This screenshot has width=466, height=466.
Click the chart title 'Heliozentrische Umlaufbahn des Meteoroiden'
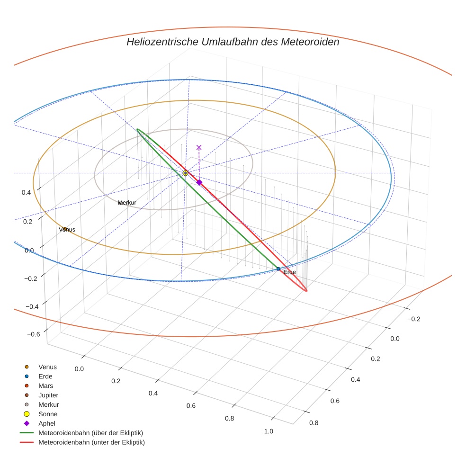click(x=233, y=42)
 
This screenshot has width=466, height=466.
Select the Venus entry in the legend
click(x=47, y=367)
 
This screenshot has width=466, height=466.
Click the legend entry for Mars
click(x=45, y=386)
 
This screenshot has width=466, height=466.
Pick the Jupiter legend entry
click(x=48, y=395)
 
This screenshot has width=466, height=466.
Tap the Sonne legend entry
click(x=48, y=414)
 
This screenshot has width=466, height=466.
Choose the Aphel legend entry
click(x=47, y=423)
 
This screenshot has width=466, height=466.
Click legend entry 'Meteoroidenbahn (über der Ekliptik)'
click(x=90, y=433)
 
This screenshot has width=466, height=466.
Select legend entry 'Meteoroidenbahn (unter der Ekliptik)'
click(x=91, y=442)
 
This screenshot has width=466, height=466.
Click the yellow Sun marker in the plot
click(x=185, y=173)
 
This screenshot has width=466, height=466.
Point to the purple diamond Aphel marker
click(x=199, y=182)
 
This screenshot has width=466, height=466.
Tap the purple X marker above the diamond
click(x=199, y=148)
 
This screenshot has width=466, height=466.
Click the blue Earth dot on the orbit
click(x=278, y=269)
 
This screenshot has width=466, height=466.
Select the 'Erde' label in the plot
click(x=289, y=272)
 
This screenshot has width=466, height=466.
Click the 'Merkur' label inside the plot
click(x=127, y=203)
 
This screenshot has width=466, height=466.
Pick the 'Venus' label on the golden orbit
click(x=67, y=230)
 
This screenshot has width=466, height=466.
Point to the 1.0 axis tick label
click(x=269, y=431)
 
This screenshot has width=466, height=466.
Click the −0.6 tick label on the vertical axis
click(x=33, y=334)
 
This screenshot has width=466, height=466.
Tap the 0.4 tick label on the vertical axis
click(x=27, y=192)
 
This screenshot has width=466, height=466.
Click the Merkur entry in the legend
click(x=48, y=404)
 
